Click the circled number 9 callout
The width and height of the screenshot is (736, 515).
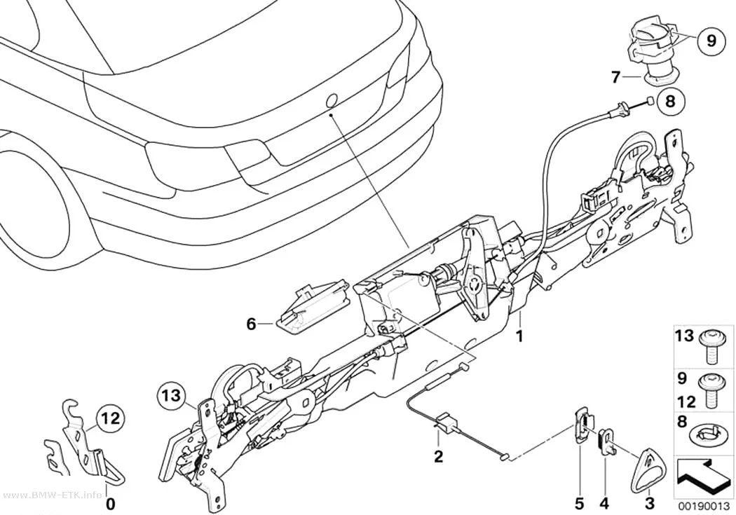(x=711, y=41)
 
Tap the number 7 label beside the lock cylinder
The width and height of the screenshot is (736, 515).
(x=616, y=76)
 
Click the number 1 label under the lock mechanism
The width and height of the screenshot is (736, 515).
(x=519, y=336)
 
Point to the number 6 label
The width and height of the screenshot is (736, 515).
(x=251, y=324)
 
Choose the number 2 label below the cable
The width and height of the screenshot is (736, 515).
(x=438, y=456)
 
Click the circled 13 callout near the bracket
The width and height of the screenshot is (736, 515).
(x=172, y=395)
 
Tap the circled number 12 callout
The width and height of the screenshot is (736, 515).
(x=110, y=418)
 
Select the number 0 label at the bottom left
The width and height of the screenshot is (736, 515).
(x=110, y=504)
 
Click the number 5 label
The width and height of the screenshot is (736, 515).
(x=579, y=504)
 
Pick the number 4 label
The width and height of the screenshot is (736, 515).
(x=604, y=504)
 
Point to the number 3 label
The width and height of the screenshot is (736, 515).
(x=649, y=504)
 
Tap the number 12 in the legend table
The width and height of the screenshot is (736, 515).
(x=686, y=401)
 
